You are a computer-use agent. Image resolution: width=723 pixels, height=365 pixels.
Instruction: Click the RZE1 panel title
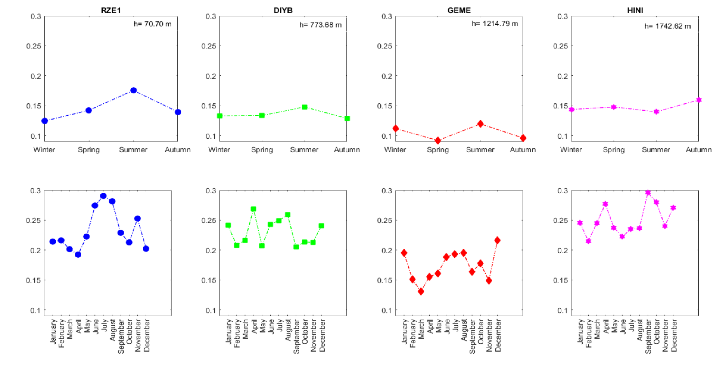(111, 10)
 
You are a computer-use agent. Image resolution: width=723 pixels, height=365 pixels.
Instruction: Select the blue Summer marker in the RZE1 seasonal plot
(134, 90)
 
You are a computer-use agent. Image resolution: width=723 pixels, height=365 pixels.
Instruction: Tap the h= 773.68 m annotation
(320, 25)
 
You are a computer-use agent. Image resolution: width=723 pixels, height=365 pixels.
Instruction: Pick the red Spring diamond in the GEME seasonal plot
(438, 140)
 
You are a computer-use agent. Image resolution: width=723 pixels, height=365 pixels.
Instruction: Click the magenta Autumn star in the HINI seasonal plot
(699, 100)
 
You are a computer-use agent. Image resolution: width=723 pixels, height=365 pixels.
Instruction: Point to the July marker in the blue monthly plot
(103, 196)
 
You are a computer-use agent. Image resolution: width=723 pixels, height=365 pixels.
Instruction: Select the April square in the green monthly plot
(254, 209)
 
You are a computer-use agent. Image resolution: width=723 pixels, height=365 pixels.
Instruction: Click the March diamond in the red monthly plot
(421, 292)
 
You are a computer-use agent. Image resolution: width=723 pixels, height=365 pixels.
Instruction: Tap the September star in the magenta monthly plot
(648, 193)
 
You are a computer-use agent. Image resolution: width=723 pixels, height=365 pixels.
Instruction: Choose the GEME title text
(459, 10)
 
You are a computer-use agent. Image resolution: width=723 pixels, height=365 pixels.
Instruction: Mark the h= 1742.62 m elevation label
(667, 26)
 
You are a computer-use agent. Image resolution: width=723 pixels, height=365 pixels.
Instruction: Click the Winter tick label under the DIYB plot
(219, 150)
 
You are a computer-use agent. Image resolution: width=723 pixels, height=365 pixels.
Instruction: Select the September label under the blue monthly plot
(121, 336)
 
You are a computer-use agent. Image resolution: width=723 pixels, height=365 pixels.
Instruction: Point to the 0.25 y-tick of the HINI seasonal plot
(560, 46)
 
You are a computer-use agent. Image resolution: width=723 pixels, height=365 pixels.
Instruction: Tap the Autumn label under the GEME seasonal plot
(523, 150)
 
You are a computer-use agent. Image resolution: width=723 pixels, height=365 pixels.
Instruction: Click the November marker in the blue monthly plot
(137, 219)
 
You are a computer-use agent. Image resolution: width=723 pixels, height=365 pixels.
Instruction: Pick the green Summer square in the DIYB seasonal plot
(305, 107)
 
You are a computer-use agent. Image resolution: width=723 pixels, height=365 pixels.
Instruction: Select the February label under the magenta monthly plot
(589, 333)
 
